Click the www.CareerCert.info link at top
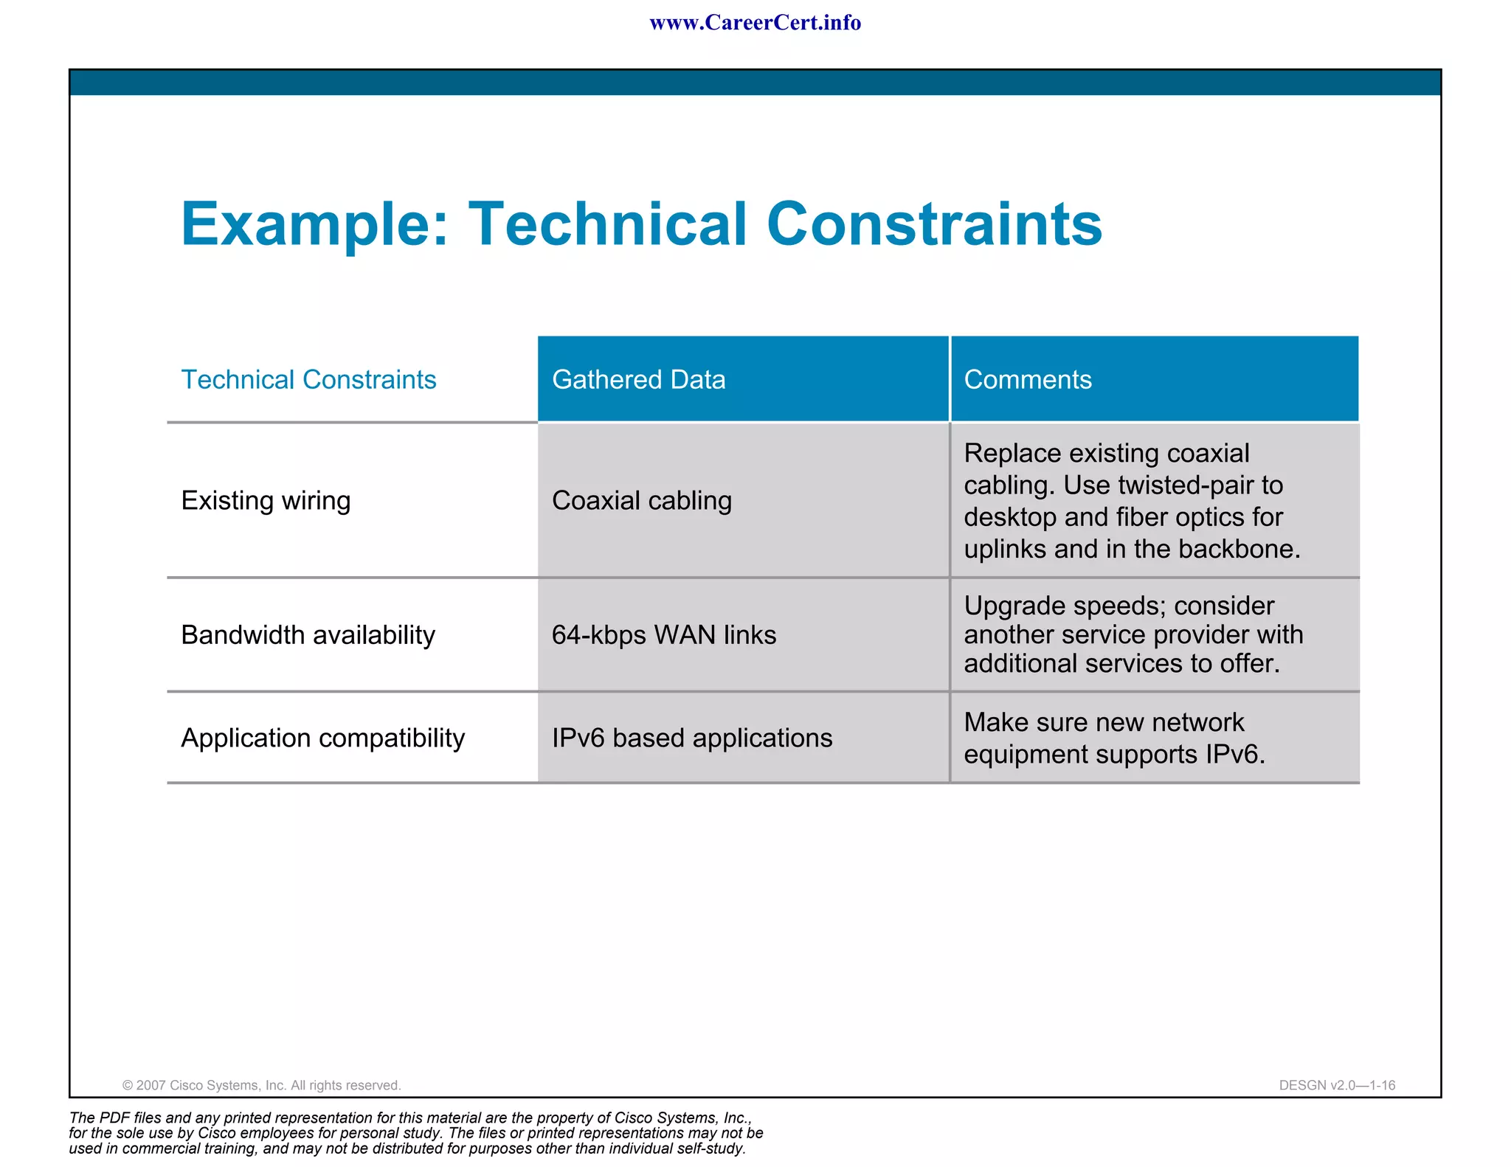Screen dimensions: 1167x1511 pos(755,23)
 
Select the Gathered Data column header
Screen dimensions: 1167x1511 pos(638,380)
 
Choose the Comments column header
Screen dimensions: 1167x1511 pos(1027,380)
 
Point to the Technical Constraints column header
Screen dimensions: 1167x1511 pos(308,380)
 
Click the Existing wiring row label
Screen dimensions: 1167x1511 pos(266,501)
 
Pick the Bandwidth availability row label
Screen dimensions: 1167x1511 pos(308,635)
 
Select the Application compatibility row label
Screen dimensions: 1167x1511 pos(322,738)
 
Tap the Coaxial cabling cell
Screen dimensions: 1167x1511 pos(641,501)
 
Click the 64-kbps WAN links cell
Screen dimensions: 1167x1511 pos(663,635)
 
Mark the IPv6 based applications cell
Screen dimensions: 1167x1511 pos(691,738)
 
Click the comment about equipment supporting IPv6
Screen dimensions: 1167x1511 pos(1114,738)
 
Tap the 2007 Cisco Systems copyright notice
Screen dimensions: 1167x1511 pos(261,1085)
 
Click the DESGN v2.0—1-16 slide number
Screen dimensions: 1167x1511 pos(1337,1085)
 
